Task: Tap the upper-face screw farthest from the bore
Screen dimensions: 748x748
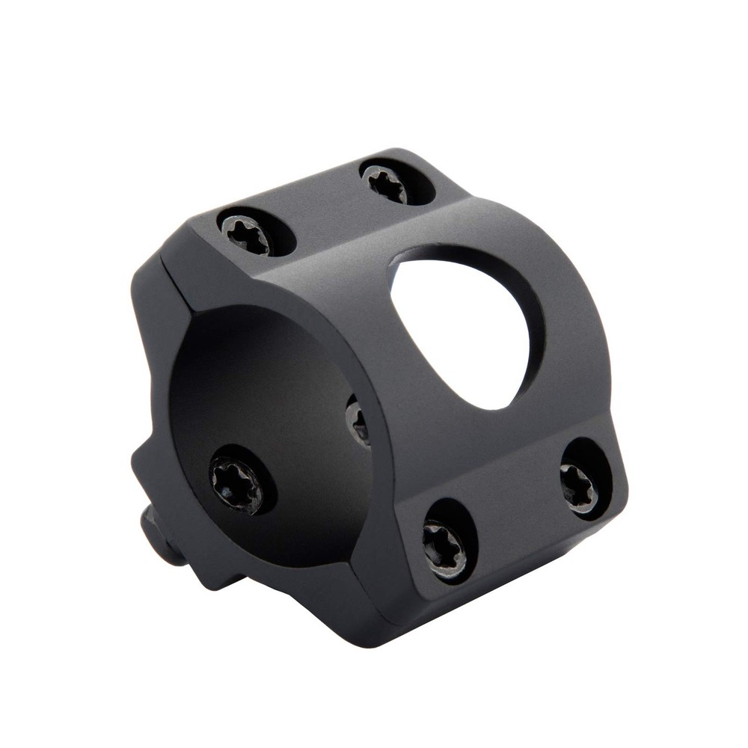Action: (387, 183)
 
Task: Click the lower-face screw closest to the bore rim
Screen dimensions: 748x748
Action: (446, 550)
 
